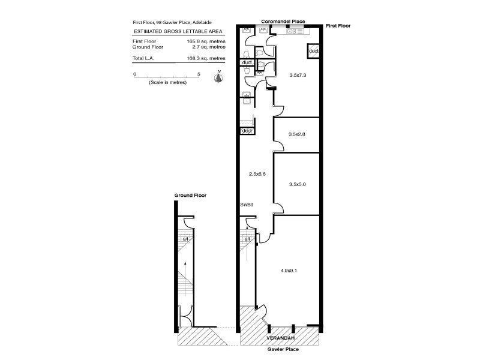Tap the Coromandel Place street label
(283, 22)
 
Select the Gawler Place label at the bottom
(283, 349)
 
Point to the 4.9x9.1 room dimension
(289, 271)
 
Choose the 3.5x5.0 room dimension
(298, 184)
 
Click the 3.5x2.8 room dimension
(298, 134)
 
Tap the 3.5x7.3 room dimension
(298, 76)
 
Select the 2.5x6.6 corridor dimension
(257, 174)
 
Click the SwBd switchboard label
(247, 205)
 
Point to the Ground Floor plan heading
(190, 196)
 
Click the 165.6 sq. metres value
(206, 41)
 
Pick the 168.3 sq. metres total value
(206, 58)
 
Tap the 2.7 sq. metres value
(206, 47)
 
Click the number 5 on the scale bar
(199, 74)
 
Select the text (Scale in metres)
(167, 82)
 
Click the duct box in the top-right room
(314, 51)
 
